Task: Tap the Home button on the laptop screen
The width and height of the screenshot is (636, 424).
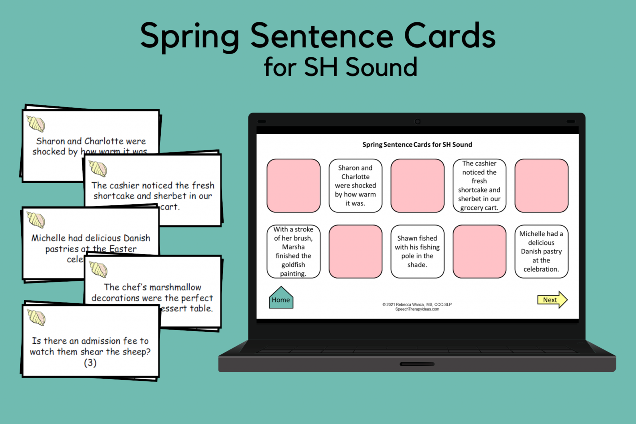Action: (281, 299)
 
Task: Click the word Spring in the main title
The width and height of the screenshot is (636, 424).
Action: (190, 36)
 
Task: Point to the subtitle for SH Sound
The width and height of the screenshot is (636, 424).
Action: (340, 67)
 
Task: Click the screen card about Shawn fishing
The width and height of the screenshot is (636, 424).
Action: (417, 251)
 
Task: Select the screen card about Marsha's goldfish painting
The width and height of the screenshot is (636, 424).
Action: (293, 251)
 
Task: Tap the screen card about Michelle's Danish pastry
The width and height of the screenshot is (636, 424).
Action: (541, 251)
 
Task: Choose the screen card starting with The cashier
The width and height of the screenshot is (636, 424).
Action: (479, 185)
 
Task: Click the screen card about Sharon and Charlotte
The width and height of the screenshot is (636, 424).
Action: (355, 185)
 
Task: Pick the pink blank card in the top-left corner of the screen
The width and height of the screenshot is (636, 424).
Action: (293, 185)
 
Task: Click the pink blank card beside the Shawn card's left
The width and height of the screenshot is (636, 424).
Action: (355, 251)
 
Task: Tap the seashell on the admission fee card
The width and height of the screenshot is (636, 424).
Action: (36, 317)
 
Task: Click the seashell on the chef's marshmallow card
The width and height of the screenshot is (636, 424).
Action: (99, 269)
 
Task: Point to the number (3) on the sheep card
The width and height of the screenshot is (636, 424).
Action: (90, 363)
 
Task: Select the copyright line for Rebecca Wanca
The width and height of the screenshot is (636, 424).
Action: (417, 304)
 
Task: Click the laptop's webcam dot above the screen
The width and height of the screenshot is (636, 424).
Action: (417, 121)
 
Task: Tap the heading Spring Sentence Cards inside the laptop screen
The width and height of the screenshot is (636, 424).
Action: (417, 145)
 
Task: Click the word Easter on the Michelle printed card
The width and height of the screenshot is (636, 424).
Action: (123, 249)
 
